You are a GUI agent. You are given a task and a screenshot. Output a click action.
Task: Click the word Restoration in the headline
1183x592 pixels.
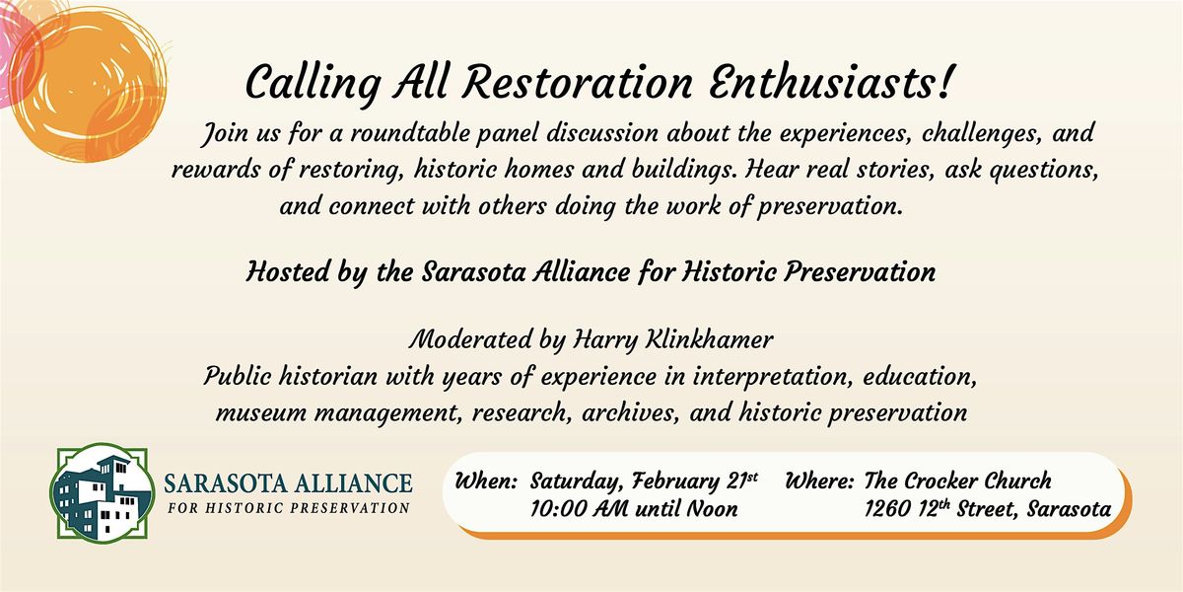[578, 83]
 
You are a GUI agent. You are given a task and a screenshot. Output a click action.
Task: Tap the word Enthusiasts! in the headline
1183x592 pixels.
[830, 83]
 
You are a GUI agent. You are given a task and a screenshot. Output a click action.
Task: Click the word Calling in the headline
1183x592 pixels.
[313, 86]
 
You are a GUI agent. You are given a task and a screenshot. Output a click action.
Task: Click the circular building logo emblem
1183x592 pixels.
[102, 492]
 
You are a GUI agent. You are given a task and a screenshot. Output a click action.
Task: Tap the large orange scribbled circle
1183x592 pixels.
[88, 86]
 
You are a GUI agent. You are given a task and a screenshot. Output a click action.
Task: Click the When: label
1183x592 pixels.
[486, 481]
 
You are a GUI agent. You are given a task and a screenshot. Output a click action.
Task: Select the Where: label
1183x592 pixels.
[819, 481]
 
